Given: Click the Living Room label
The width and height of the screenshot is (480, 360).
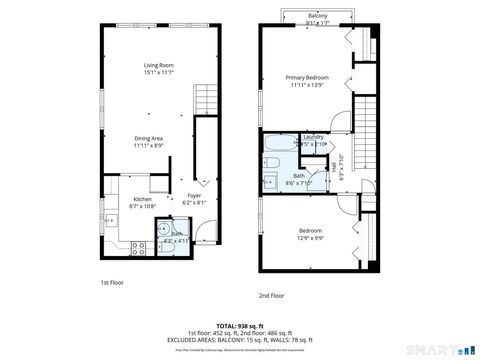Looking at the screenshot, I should click(x=159, y=66).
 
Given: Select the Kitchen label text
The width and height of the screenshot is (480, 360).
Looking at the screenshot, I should click(x=144, y=199).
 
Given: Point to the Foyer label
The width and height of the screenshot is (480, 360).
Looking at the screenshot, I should click(x=194, y=196).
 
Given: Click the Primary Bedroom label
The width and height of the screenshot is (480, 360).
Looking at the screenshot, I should click(x=303, y=77).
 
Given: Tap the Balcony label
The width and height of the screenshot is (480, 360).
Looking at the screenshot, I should click(x=318, y=17).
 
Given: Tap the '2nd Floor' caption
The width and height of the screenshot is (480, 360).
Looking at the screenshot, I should click(x=271, y=295).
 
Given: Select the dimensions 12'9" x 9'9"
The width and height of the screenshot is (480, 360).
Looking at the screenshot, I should click(x=310, y=237).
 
